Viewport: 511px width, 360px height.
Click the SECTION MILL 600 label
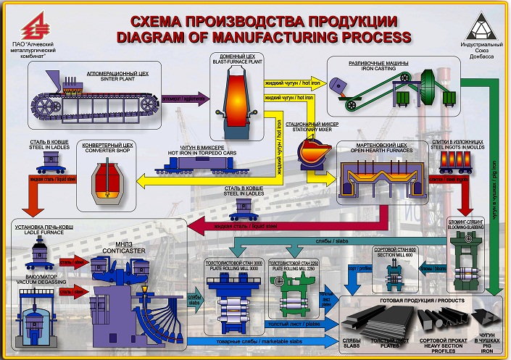(395, 254)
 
